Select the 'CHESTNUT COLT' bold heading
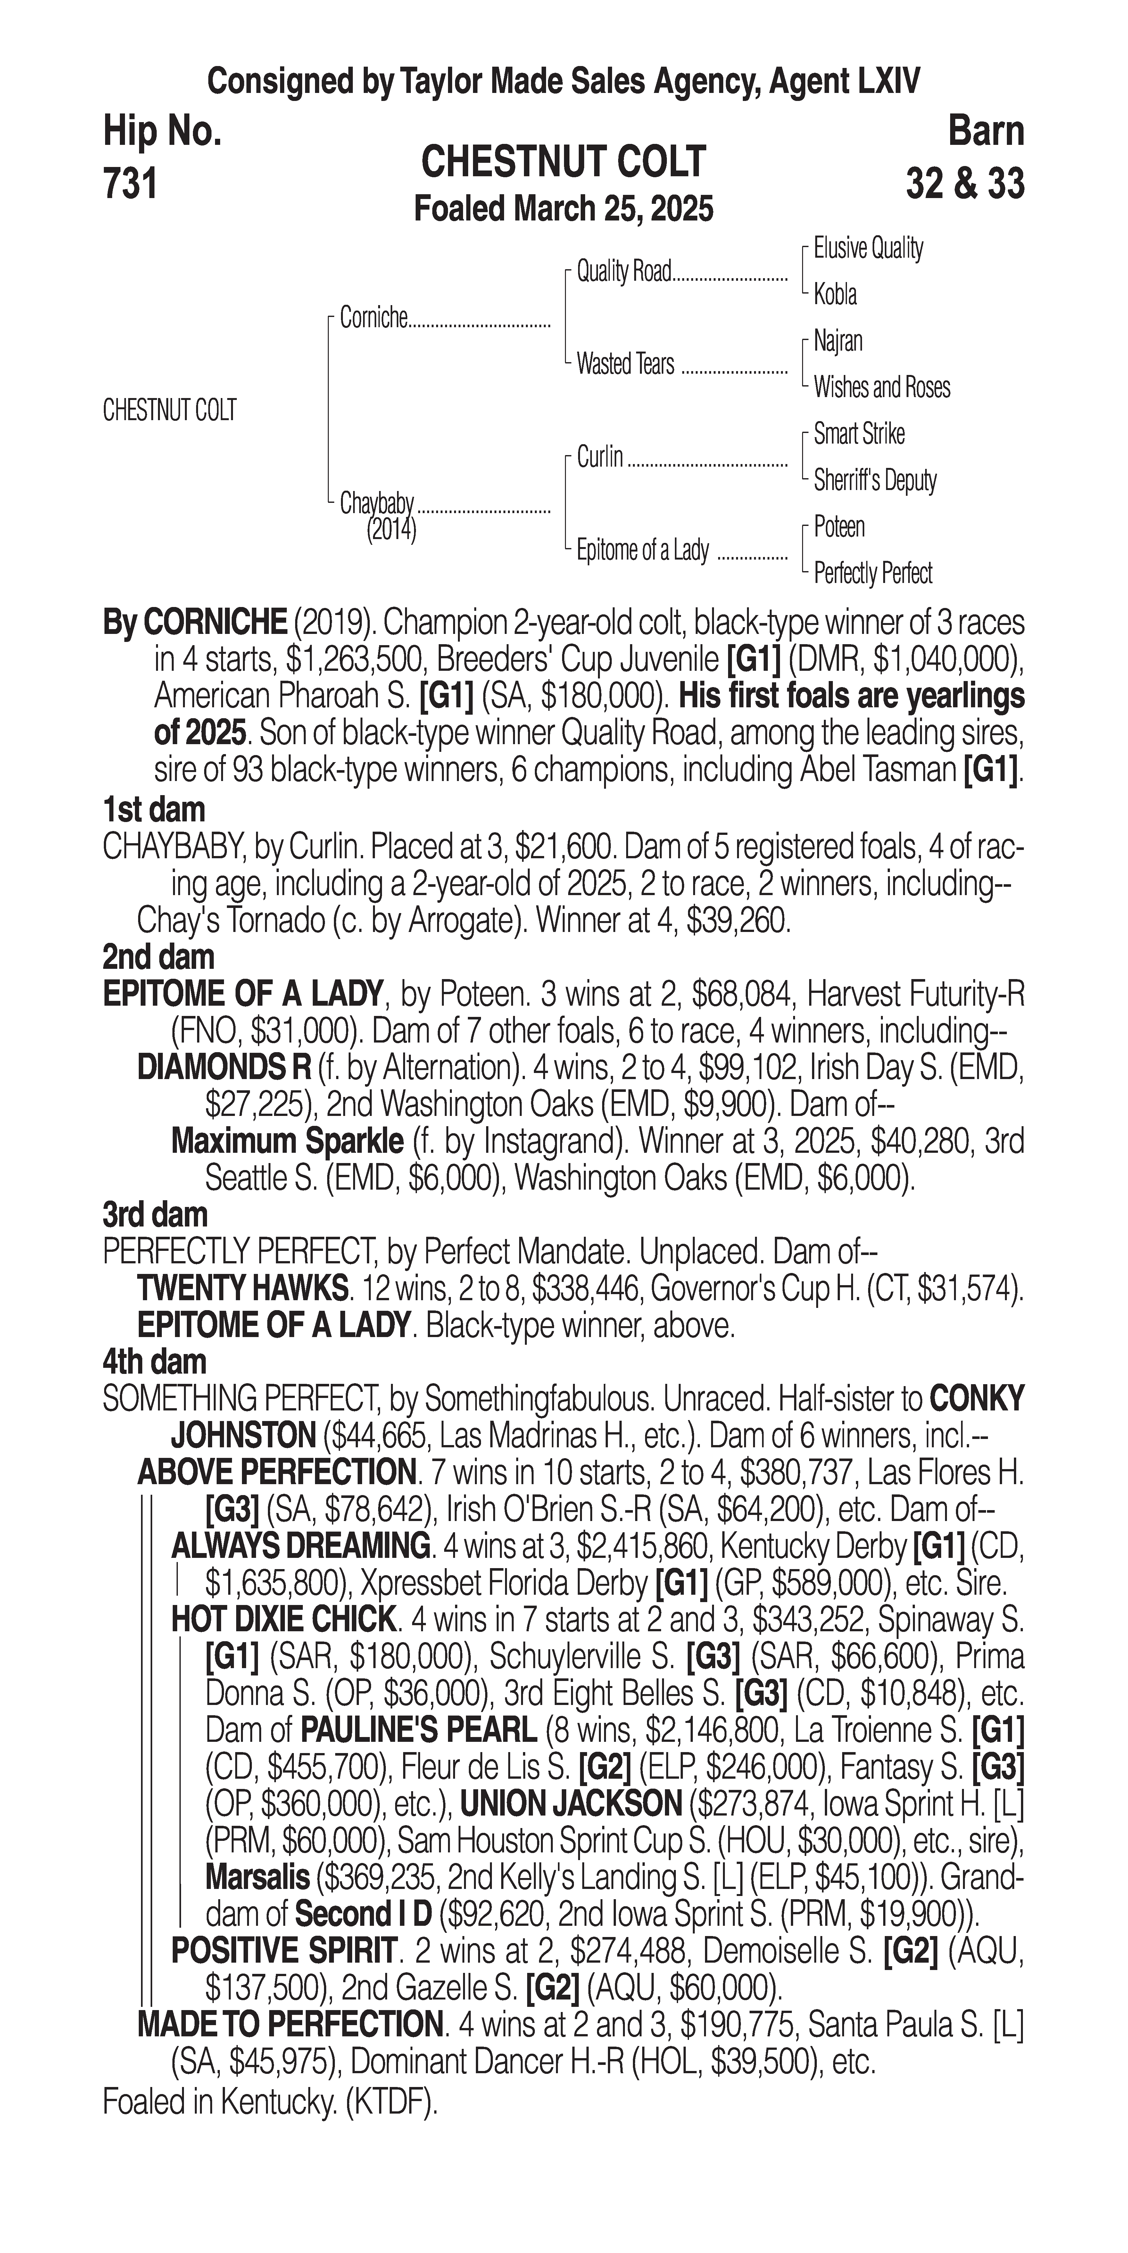(563, 162)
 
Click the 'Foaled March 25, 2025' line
(563, 209)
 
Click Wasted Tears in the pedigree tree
(625, 364)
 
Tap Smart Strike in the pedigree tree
(859, 434)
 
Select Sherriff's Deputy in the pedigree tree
(875, 480)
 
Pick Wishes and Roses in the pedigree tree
(882, 387)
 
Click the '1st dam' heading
(154, 810)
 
